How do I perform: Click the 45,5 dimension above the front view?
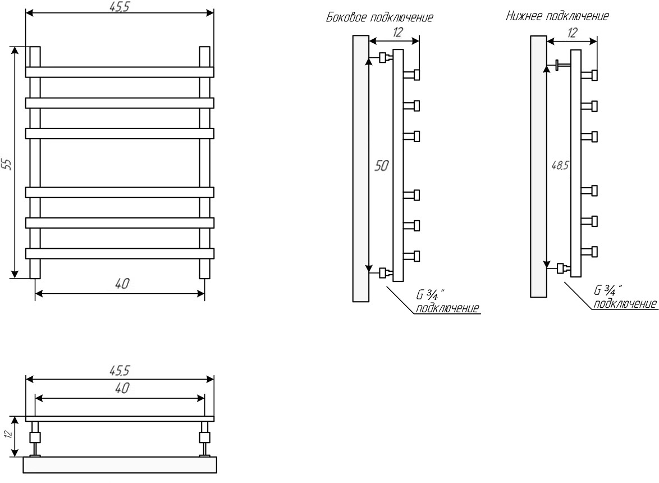tap(119, 6)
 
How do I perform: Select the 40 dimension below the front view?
tap(122, 284)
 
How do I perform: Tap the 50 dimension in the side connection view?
tap(381, 166)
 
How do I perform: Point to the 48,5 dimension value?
tap(560, 166)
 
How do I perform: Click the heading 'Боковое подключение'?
tap(379, 17)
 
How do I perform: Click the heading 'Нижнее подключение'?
tap(557, 16)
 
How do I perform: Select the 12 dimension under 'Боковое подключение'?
tap(397, 33)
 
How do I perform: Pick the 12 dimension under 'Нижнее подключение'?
tap(572, 33)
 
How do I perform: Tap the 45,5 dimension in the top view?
tap(120, 370)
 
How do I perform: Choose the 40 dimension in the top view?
tap(122, 388)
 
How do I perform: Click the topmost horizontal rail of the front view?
tap(120, 72)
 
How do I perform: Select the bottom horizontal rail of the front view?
tap(120, 253)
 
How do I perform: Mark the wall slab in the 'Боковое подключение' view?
tap(360, 168)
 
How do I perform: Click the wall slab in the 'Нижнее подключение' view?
tap(538, 166)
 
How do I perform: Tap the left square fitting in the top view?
tap(35, 438)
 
